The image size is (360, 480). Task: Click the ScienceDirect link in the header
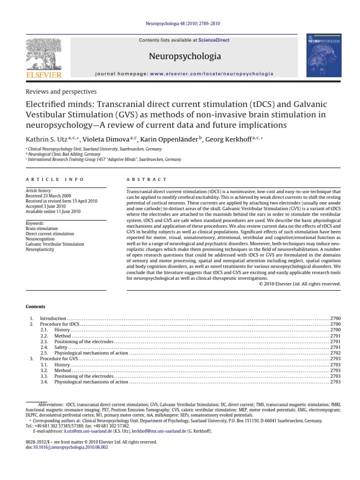click(214, 40)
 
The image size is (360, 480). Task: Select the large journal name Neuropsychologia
click(184, 57)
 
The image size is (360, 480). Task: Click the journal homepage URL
click(212, 74)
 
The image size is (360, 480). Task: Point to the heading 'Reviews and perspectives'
click(61, 91)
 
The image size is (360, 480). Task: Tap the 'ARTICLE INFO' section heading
click(55, 179)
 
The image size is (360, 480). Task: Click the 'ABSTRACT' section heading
click(147, 179)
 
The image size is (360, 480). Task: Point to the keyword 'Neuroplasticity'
click(40, 249)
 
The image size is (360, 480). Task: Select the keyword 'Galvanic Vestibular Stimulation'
click(55, 244)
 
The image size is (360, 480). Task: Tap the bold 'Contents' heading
click(36, 306)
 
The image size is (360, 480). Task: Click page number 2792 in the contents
click(336, 352)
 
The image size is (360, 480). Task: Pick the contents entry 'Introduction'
click(53, 318)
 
